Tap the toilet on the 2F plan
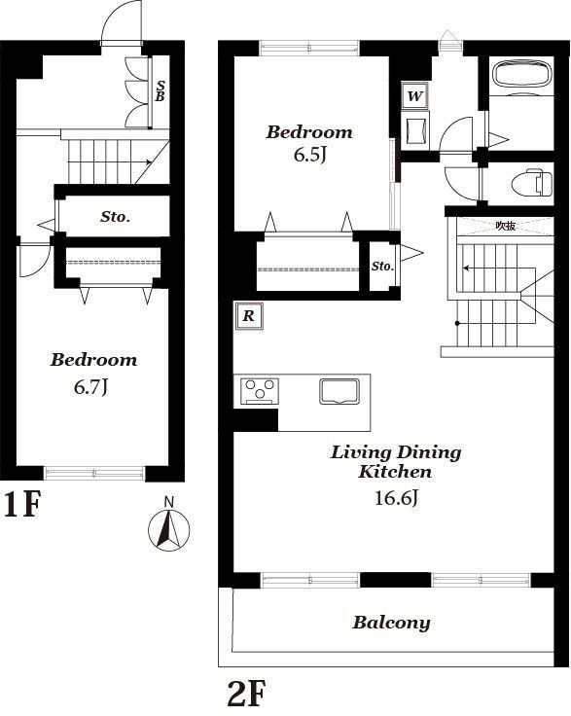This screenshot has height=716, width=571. click(532, 182)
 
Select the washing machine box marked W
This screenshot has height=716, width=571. click(415, 96)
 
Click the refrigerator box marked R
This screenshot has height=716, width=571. click(249, 315)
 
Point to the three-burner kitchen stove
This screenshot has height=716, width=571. click(260, 391)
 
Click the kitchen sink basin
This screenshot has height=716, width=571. click(339, 391)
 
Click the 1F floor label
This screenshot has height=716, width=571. click(21, 505)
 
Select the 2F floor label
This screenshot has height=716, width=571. click(246, 693)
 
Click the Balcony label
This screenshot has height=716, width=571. click(391, 623)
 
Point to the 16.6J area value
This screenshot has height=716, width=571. click(396, 497)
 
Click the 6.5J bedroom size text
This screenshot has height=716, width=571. click(310, 155)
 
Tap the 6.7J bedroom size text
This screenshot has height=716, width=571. click(90, 388)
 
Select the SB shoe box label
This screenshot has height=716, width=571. click(160, 90)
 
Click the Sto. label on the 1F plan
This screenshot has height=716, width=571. click(115, 216)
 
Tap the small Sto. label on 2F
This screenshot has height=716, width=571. click(382, 266)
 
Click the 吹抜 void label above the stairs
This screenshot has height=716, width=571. click(506, 226)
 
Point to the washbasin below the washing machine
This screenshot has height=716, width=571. click(415, 130)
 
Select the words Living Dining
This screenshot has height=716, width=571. click(396, 453)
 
